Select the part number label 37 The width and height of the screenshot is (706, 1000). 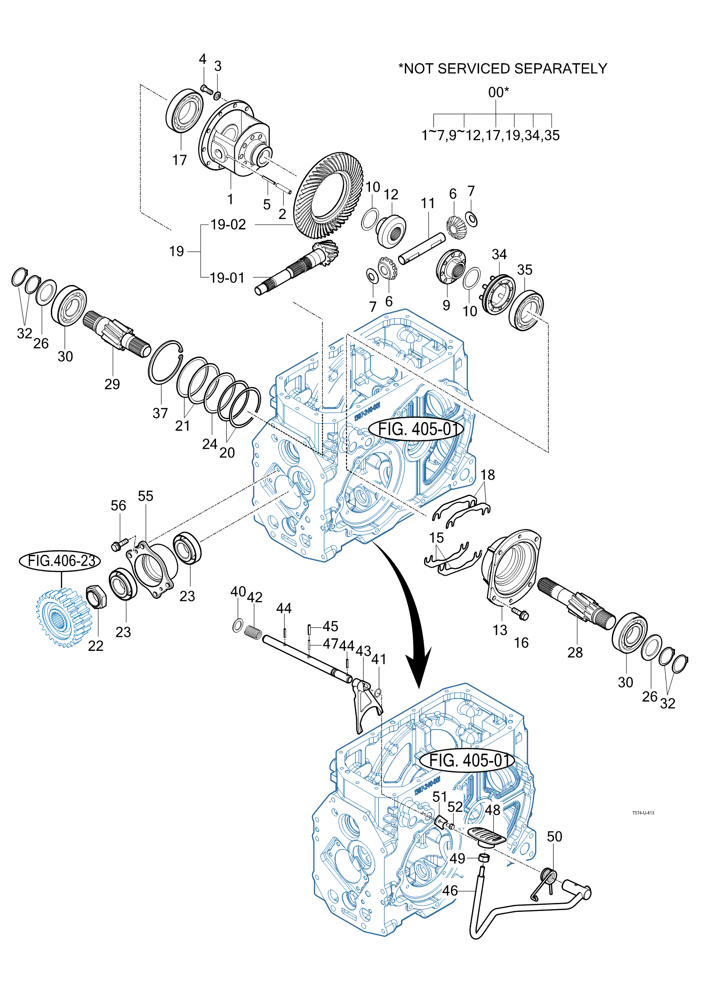click(160, 413)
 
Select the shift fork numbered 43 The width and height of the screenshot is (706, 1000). click(364, 702)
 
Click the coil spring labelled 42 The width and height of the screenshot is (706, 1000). click(254, 632)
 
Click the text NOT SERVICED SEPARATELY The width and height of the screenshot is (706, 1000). click(505, 69)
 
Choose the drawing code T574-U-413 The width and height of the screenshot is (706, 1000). click(643, 813)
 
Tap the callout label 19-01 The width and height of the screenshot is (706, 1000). click(227, 278)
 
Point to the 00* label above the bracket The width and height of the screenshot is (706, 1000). click(498, 92)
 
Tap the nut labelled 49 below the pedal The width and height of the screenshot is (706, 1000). click(483, 857)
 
